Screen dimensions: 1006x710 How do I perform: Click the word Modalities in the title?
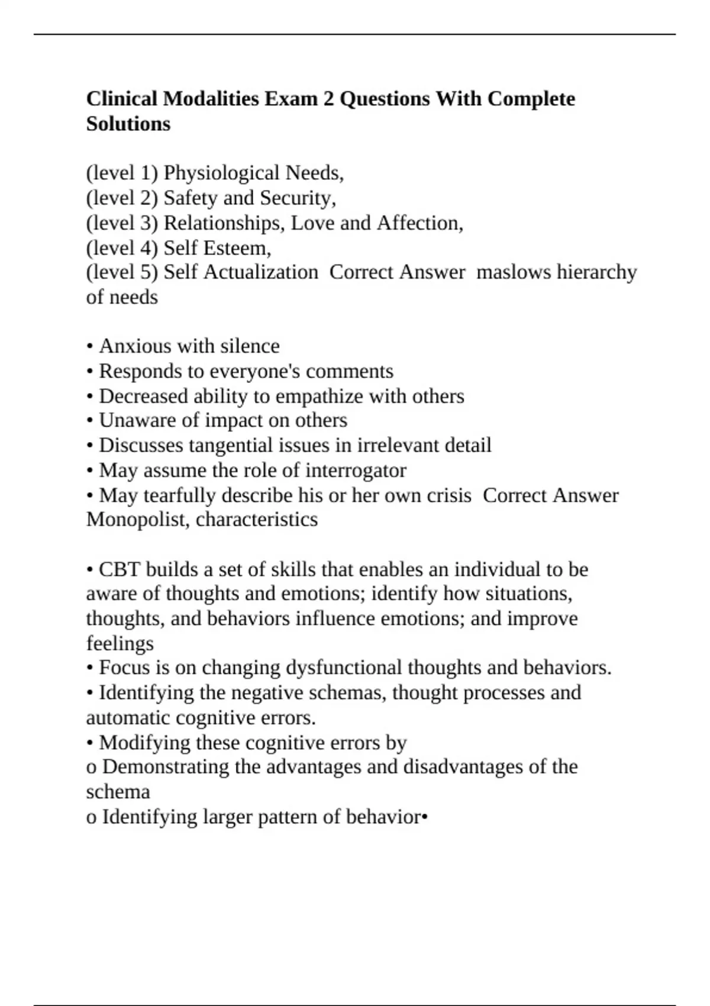(x=211, y=98)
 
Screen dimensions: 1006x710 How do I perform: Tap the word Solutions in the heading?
(x=128, y=124)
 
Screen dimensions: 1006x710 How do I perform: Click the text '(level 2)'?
(x=122, y=198)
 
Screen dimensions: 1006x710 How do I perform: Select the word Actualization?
(x=262, y=272)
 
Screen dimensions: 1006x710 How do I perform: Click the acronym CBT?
(x=120, y=569)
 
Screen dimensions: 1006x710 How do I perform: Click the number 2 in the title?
(x=328, y=98)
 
